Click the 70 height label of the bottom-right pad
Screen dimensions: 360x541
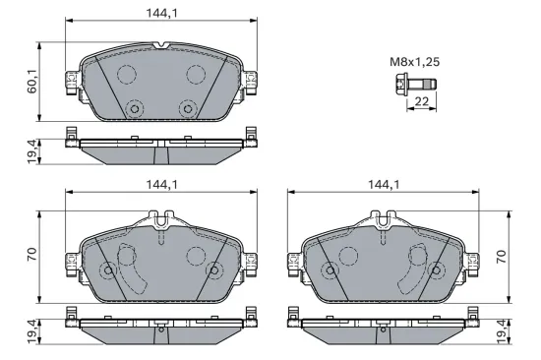[502, 256]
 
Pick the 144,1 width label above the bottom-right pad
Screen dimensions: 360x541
[384, 184]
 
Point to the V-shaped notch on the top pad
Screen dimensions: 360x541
[161, 45]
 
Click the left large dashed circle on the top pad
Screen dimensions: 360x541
[126, 75]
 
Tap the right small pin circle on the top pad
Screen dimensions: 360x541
[186, 109]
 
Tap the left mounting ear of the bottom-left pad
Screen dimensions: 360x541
[69, 261]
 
